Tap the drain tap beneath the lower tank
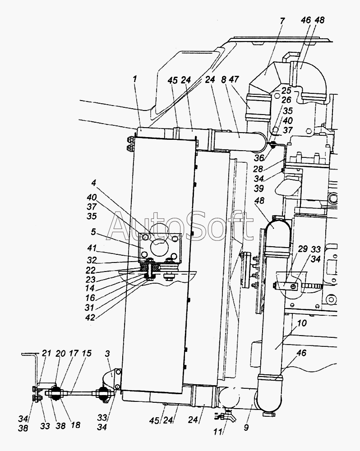[229, 415]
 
